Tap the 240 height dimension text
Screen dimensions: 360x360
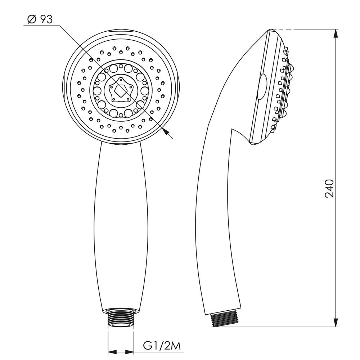(x=329, y=189)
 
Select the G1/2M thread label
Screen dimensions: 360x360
(x=162, y=346)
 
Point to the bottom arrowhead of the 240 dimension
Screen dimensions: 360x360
(x=336, y=322)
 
